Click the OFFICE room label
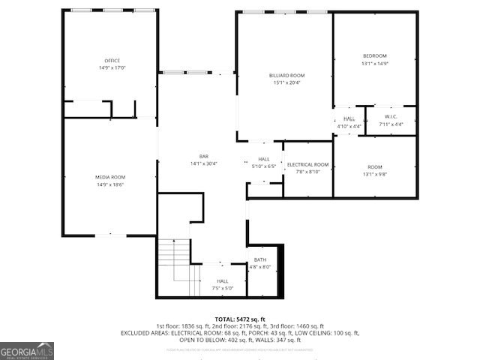(x=112, y=60)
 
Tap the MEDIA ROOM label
(x=109, y=176)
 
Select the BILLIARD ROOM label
(x=286, y=75)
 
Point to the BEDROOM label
(x=374, y=56)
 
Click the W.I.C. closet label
(x=391, y=116)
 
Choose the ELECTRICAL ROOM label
(x=307, y=164)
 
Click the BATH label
(x=259, y=259)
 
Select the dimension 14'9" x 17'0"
(x=112, y=67)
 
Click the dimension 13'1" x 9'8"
(x=374, y=174)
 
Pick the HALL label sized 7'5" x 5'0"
(x=223, y=280)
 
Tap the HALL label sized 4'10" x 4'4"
(x=349, y=118)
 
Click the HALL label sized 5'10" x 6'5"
(x=264, y=159)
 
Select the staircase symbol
(x=178, y=266)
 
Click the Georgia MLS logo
(x=27, y=350)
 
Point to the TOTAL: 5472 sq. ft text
(x=240, y=319)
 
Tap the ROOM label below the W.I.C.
(x=374, y=166)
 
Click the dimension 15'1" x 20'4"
(x=286, y=82)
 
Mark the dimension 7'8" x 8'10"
(x=307, y=172)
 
